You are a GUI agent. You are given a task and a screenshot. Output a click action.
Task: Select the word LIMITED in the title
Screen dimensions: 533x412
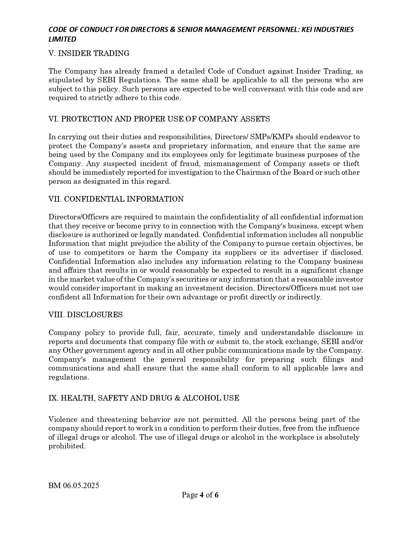(x=62, y=39)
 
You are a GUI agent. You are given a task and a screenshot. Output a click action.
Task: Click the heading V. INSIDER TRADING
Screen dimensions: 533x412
(x=89, y=54)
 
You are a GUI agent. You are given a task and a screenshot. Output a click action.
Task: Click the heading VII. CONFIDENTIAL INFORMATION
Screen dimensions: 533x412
(x=116, y=199)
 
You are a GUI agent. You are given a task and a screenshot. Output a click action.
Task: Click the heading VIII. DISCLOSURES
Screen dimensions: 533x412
(x=86, y=315)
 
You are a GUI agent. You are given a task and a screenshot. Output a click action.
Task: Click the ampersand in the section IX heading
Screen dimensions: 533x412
(x=177, y=398)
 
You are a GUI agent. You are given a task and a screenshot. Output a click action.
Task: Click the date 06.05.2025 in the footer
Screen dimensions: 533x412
(x=81, y=486)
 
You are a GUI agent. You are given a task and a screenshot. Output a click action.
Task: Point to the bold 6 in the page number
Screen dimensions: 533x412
(x=217, y=495)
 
